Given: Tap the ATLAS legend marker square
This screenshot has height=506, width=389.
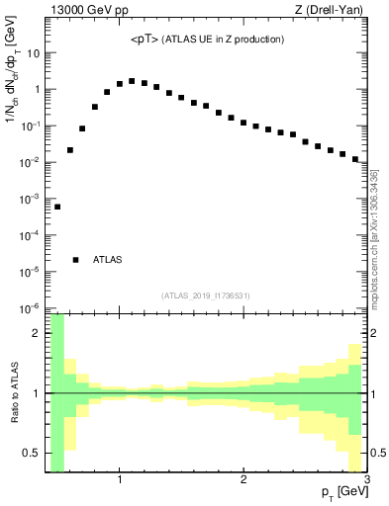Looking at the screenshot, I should tap(76, 260).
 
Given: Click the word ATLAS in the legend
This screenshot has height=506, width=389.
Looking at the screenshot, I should tap(108, 260).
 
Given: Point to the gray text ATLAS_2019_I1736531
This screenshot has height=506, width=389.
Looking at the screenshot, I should tap(206, 295).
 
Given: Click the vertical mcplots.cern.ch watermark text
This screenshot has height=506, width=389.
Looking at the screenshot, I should tap(374, 237).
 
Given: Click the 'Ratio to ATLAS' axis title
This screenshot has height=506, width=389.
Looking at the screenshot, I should tap(13, 393).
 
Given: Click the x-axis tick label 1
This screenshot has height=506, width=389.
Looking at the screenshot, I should tap(120, 479).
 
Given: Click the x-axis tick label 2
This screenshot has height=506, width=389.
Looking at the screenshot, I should tap(243, 479).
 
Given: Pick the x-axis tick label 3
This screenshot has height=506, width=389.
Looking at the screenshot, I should tap(366, 479).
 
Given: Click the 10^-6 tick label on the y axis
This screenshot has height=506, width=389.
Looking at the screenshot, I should tap(30, 307).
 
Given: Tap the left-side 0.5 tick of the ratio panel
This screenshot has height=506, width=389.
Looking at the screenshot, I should tap(32, 453).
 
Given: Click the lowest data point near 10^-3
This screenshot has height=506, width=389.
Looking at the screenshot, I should tap(57, 207).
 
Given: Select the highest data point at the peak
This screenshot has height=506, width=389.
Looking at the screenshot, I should tap(132, 81).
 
